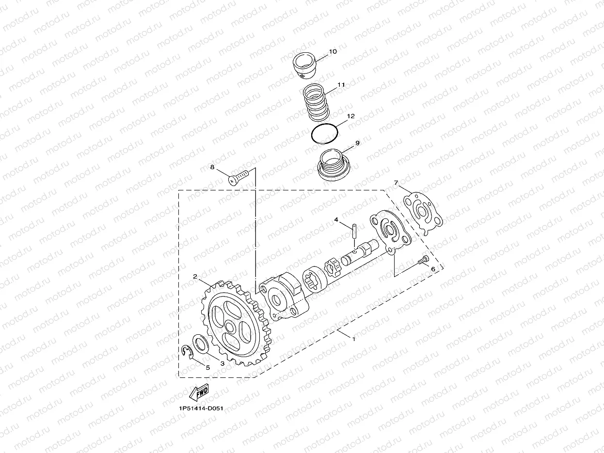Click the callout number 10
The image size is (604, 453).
tap(333, 51)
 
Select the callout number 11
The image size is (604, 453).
tap(341, 84)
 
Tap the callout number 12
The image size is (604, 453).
tap(351, 116)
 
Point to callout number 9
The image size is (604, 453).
tap(357, 143)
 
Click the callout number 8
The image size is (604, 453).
tap(212, 167)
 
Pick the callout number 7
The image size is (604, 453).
tap(396, 183)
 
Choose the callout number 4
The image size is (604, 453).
tap(336, 220)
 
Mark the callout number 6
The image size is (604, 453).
tap(433, 268)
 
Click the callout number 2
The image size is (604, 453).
tap(195, 277)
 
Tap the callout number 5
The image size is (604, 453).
tap(208, 367)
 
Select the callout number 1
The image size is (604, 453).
tap(354, 339)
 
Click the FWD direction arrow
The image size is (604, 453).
tap(199, 392)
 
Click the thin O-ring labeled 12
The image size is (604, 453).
tap(324, 134)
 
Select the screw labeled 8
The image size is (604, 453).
tap(238, 176)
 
